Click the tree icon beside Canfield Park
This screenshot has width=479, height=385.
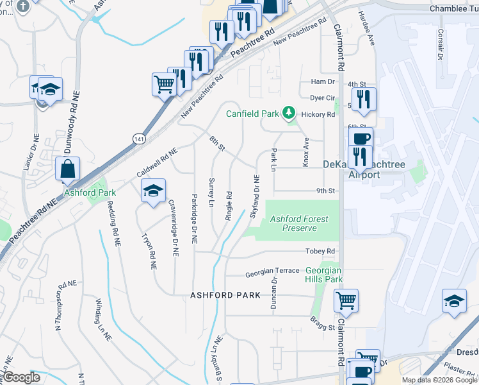click(289, 114)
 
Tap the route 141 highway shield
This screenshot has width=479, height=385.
click(138, 138)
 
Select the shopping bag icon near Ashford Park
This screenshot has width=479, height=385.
click(67, 169)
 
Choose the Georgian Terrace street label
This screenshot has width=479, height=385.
click(272, 271)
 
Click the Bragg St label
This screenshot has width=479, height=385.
click(323, 327)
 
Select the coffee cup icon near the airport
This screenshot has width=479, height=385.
click(362, 139)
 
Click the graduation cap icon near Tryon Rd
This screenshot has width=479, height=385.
click(153, 191)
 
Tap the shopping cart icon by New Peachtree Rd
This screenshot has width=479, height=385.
click(164, 83)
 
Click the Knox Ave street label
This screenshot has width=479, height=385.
click(306, 152)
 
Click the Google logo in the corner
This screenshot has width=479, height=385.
click(21, 377)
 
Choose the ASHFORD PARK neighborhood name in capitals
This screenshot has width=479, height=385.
click(225, 295)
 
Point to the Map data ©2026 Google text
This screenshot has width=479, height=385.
click(439, 380)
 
